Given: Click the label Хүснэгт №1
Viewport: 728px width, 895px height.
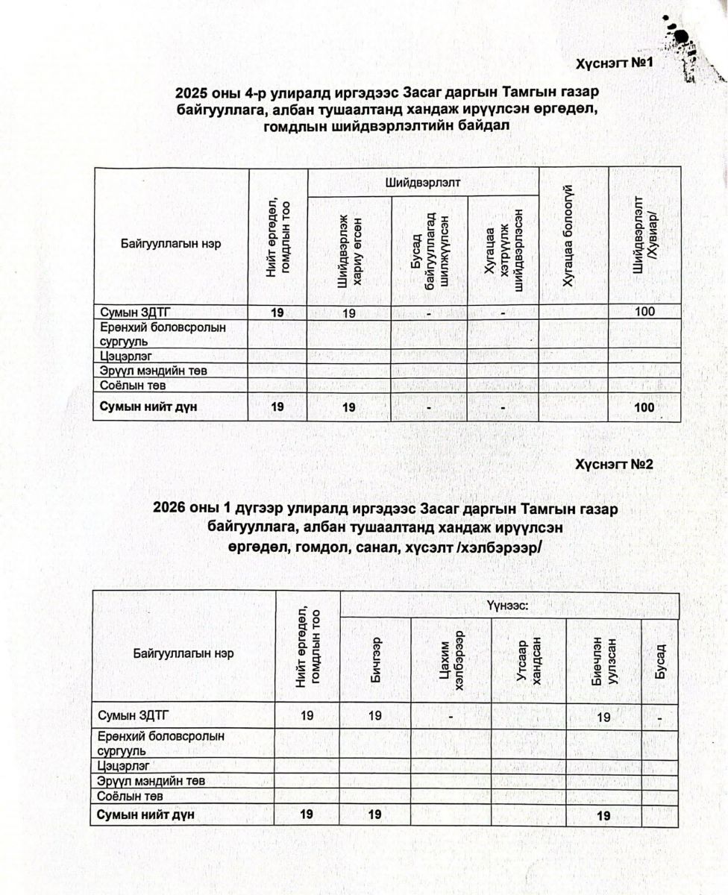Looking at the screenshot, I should click(x=615, y=63).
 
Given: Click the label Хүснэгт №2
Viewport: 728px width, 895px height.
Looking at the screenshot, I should click(x=615, y=464).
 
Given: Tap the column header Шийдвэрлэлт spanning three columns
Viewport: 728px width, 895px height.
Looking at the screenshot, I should click(x=423, y=181).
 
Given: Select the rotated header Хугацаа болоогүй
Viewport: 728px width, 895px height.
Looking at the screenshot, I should click(x=572, y=236).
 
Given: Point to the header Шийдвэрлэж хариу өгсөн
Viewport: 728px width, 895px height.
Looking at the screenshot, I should click(x=349, y=249).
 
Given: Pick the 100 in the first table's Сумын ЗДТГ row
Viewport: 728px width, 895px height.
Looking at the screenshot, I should click(x=645, y=311).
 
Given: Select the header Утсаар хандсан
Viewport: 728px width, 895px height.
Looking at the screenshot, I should click(x=528, y=660).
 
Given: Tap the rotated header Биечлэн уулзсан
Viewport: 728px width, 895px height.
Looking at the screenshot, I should click(x=603, y=660).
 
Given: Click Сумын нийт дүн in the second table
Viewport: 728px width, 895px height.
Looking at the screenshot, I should click(x=146, y=814).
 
